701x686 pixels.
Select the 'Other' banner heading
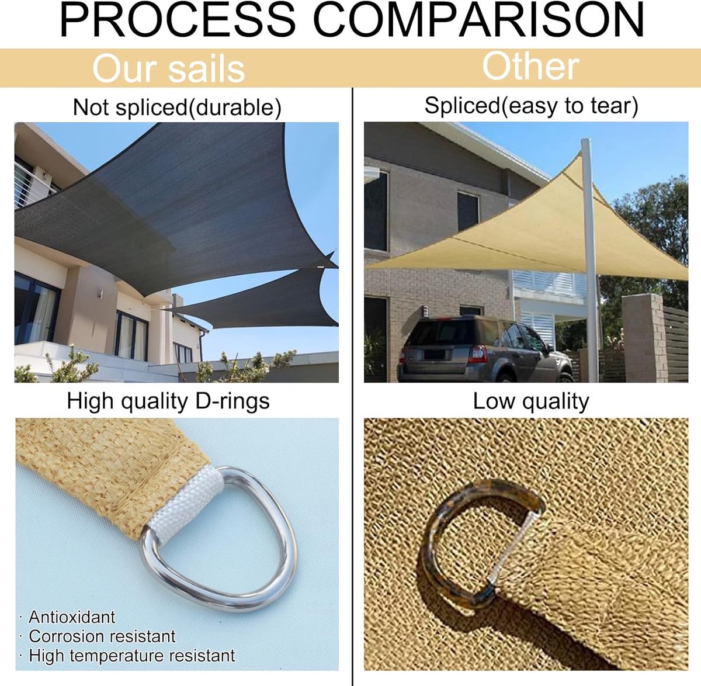pyautogui.click(x=530, y=66)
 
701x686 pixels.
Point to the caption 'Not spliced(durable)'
pyautogui.click(x=177, y=108)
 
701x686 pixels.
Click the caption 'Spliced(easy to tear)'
pyautogui.click(x=532, y=106)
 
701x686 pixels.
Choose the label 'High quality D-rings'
pyautogui.click(x=168, y=401)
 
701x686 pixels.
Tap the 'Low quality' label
pyautogui.click(x=531, y=401)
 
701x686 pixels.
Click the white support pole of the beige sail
pyautogui.click(x=589, y=259)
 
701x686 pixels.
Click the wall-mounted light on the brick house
pyautogui.click(x=426, y=311)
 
